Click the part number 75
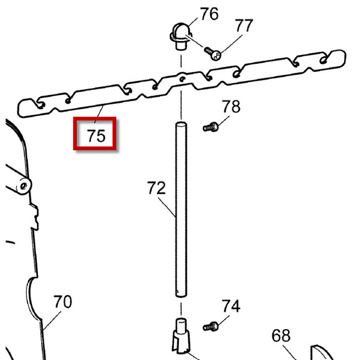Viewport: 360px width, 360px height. click(96, 136)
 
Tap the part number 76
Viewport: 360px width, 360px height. click(209, 14)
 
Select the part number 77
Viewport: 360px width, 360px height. click(244, 25)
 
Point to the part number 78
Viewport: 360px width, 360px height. click(231, 107)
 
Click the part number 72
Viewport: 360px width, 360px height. click(156, 188)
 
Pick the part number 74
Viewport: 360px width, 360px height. click(231, 307)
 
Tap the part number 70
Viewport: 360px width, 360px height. click(63, 301)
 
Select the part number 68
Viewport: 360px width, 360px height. click(281, 336)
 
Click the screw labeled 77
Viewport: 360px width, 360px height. click(213, 52)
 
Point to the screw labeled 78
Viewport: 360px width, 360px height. click(210, 126)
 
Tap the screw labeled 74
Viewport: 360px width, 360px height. click(210, 326)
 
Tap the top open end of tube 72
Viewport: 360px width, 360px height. click(181, 124)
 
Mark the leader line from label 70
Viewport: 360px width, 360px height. click(52, 319)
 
